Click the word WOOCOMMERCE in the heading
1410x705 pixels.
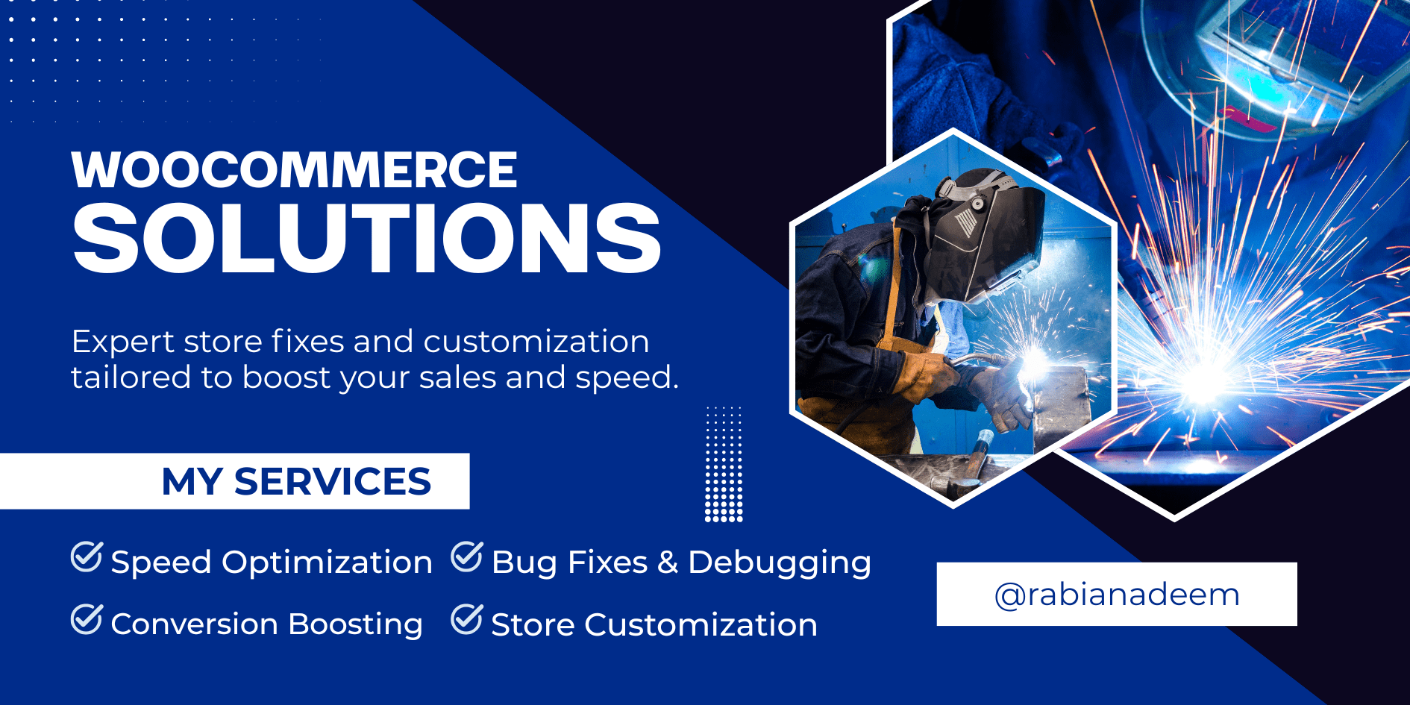pyautogui.click(x=294, y=170)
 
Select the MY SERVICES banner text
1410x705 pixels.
pyautogui.click(x=296, y=481)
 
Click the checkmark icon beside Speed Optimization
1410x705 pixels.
pyautogui.click(x=87, y=557)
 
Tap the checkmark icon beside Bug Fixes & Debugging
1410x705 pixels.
pyautogui.click(x=467, y=557)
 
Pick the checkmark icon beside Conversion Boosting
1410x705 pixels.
pyautogui.click(x=87, y=619)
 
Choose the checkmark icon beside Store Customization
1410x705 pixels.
pyautogui.click(x=467, y=619)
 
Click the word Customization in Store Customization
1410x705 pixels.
pyautogui.click(x=701, y=625)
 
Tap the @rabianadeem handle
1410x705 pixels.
pyautogui.click(x=1117, y=595)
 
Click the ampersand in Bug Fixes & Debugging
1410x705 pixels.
pyautogui.click(x=668, y=563)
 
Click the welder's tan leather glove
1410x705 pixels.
pyautogui.click(x=925, y=373)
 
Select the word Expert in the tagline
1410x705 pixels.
pyautogui.click(x=123, y=342)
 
